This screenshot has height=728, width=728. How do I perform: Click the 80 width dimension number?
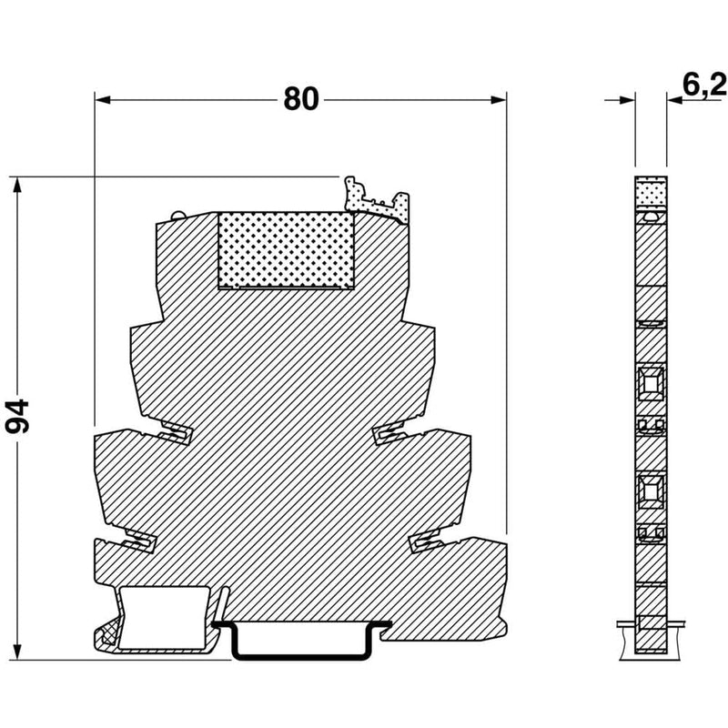[301, 99]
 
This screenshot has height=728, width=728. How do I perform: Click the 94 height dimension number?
[17, 416]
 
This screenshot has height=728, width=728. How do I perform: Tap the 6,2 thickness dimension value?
[703, 86]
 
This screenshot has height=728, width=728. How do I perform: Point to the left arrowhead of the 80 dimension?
[103, 100]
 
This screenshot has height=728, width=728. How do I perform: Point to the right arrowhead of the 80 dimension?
[499, 100]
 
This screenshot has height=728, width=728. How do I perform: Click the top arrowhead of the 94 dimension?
[17, 185]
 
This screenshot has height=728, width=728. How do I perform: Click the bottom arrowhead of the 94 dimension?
[17, 652]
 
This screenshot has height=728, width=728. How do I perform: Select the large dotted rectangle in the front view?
[286, 251]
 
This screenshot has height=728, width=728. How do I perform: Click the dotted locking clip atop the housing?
[377, 200]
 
